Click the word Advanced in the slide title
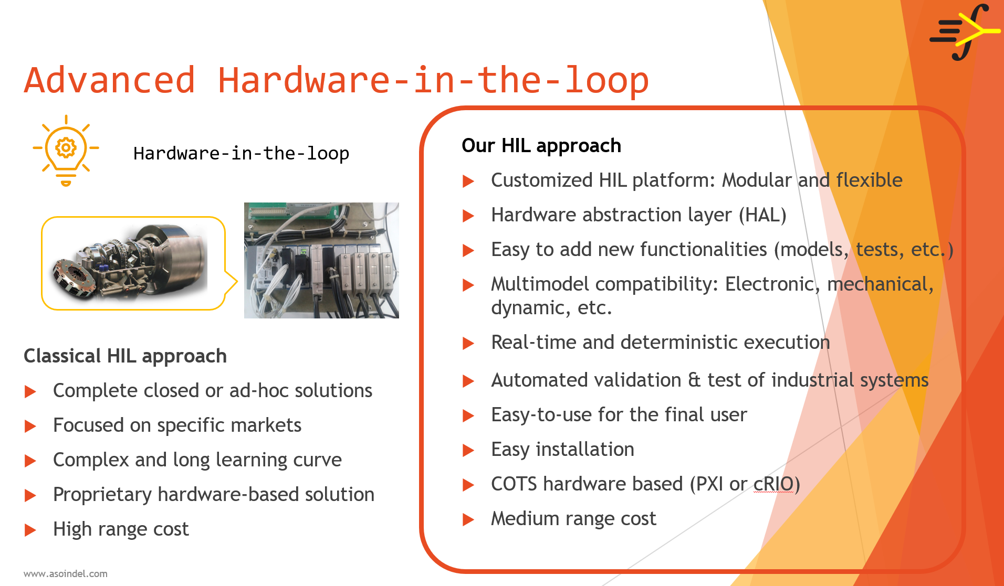(110, 80)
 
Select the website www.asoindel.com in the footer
(66, 573)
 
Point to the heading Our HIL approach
(541, 145)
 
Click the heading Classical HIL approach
(125, 356)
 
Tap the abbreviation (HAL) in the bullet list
(762, 215)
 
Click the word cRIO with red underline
(773, 484)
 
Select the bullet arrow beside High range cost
(30, 530)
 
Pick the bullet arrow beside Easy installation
(468, 450)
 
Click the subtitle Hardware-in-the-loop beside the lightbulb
(241, 153)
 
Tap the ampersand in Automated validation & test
(694, 380)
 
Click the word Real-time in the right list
(534, 342)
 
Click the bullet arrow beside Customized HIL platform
(468, 181)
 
